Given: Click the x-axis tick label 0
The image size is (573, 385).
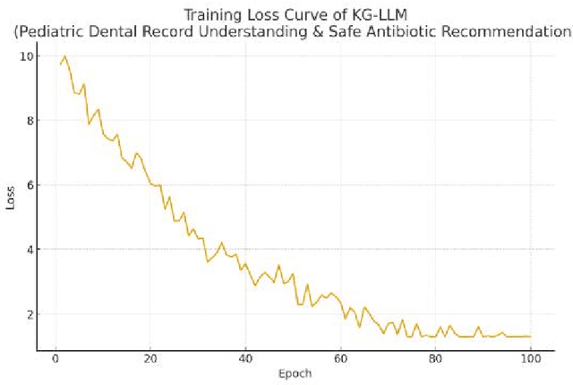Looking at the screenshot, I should pos(56,359).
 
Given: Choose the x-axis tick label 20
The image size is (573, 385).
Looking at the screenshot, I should pos(150,359).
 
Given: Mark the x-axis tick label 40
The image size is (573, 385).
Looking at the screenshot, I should pos(245,359).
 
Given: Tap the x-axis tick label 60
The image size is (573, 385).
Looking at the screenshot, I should pos(340,359).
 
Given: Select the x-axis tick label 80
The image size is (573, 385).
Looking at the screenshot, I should pos(435,359).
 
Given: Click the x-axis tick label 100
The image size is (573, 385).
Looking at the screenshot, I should pos(530,359).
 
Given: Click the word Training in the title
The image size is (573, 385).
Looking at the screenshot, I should pos(212,15).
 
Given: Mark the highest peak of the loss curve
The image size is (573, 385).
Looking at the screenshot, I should pos(64,56).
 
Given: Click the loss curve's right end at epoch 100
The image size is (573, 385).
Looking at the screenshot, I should pos(530,337).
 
